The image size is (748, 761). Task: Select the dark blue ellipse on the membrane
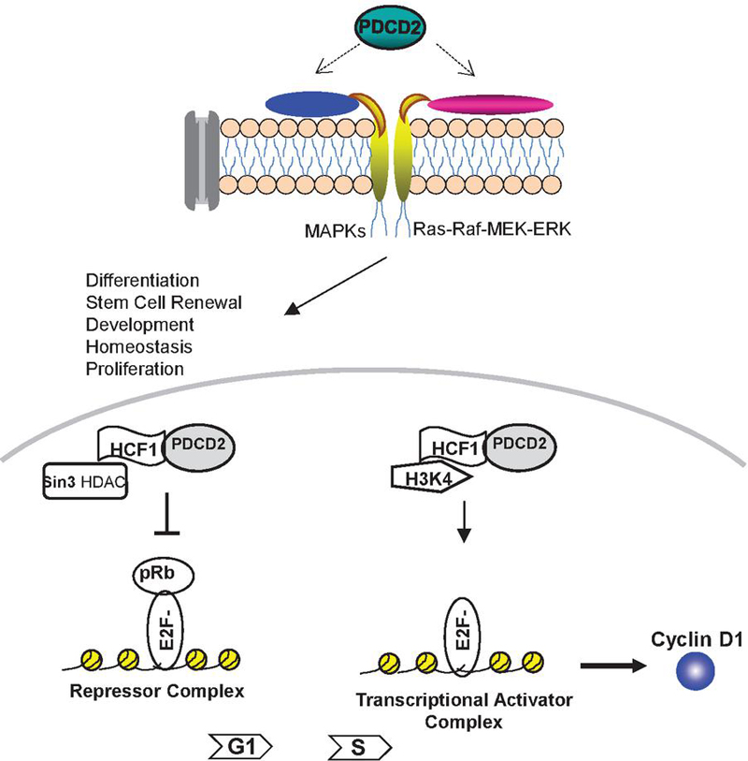pos(312,105)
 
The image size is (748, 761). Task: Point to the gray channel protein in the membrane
pos(202,145)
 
